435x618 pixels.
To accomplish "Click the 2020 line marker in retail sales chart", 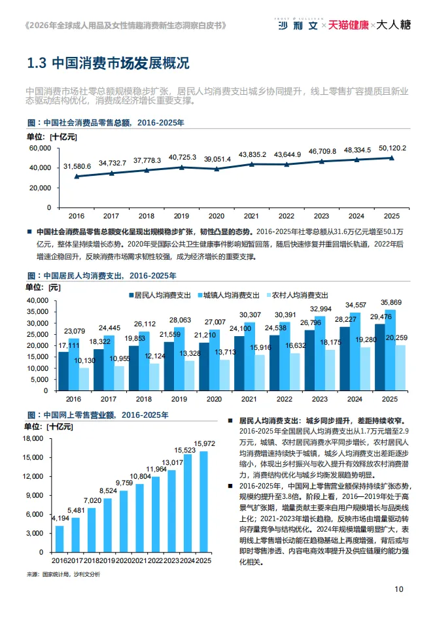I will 217,169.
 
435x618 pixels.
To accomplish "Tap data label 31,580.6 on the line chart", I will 77,167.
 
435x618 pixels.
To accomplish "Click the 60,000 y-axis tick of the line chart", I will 40,148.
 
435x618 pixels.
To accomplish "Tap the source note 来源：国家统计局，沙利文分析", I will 64,574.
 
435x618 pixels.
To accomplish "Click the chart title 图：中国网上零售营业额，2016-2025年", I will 98,415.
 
